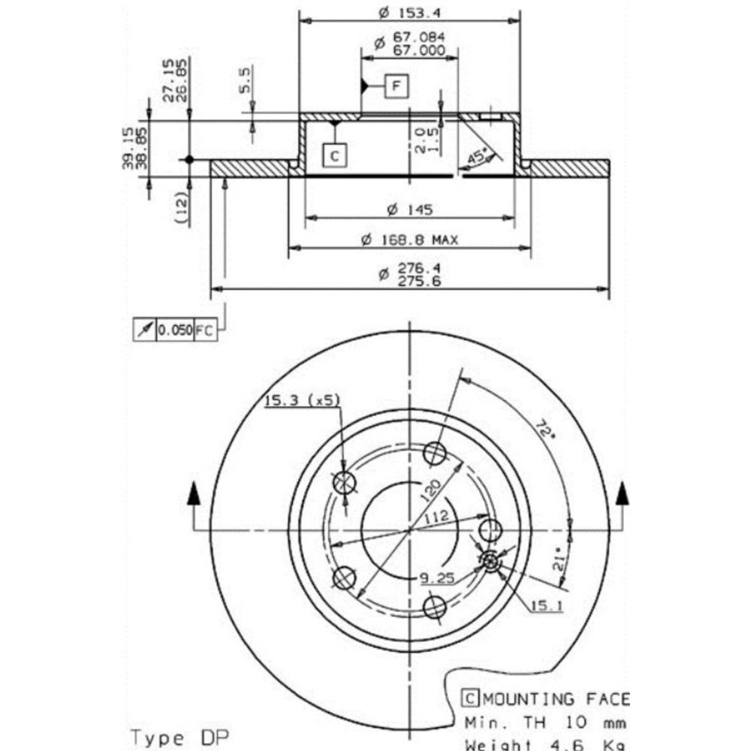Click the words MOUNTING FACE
[554, 699]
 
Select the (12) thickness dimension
[180, 205]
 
